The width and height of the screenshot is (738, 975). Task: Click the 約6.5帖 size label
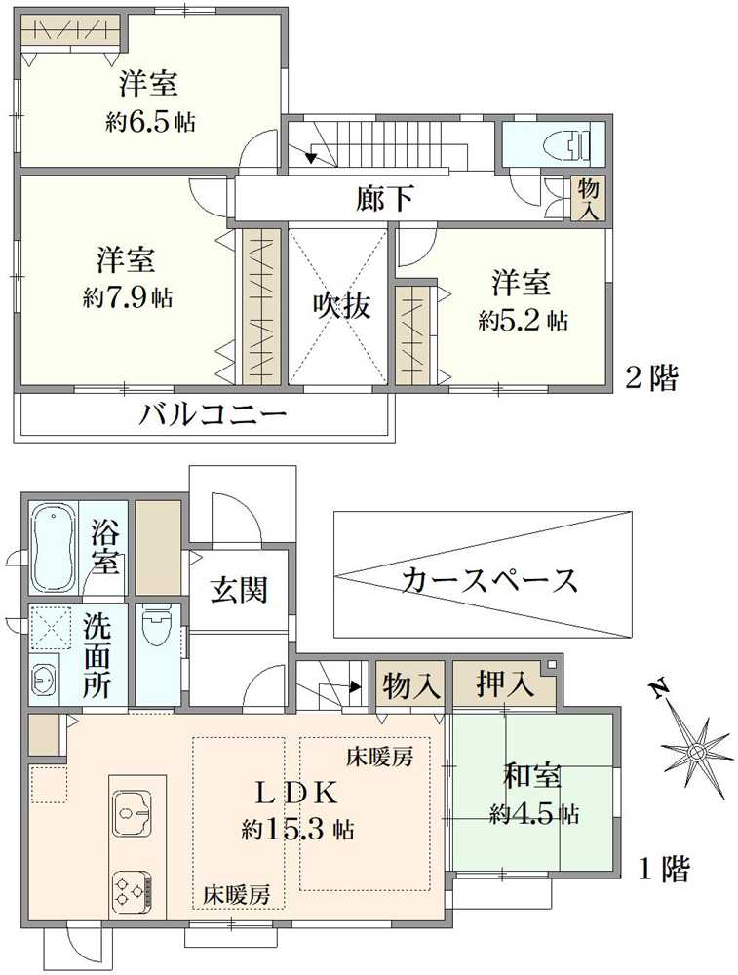click(149, 123)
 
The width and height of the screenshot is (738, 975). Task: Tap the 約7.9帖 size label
click(128, 297)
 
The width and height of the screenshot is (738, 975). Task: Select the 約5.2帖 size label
click(523, 319)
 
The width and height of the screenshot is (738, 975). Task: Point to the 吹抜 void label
click(340, 305)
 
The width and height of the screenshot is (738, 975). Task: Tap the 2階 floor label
click(650, 377)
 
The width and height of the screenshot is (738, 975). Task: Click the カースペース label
click(489, 581)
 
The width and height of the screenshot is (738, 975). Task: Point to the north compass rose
click(695, 752)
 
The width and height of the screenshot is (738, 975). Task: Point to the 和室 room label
click(531, 777)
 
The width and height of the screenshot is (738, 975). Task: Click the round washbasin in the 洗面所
click(43, 676)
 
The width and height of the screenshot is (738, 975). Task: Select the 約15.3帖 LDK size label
click(297, 830)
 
